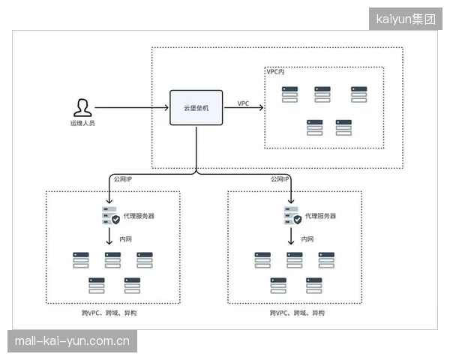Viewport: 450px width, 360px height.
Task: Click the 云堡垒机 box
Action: click(x=196, y=108)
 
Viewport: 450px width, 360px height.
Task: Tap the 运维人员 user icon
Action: click(x=82, y=108)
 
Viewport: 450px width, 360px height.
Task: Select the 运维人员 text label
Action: click(x=82, y=123)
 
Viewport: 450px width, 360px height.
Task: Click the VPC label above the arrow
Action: click(x=243, y=103)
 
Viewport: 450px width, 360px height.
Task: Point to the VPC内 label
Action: click(x=275, y=72)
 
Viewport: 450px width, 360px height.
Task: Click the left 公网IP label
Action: click(x=123, y=179)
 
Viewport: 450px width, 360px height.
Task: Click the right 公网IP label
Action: click(x=280, y=179)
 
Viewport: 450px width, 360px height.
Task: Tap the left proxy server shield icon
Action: click(x=115, y=220)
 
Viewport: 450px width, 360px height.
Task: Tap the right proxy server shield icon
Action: click(x=298, y=220)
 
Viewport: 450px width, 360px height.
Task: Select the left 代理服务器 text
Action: click(x=139, y=216)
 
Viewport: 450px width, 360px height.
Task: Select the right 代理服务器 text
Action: click(x=320, y=216)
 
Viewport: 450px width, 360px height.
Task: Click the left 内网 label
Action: click(x=126, y=239)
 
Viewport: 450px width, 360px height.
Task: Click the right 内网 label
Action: click(x=307, y=239)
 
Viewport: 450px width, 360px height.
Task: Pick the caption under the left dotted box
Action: click(x=109, y=313)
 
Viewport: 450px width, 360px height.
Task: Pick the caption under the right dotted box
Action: click(x=297, y=313)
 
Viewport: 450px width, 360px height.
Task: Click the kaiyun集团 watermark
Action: click(x=406, y=19)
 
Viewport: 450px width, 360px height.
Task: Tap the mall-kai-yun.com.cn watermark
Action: click(x=72, y=341)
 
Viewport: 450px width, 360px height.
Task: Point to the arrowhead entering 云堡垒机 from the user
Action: click(x=166, y=108)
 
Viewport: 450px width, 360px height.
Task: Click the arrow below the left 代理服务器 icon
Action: click(x=109, y=236)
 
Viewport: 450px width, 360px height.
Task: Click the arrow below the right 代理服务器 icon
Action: click(x=291, y=236)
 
